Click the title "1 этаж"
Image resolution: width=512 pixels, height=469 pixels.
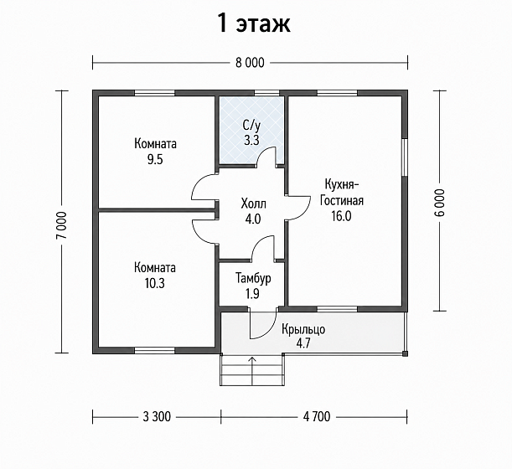pos(254,23)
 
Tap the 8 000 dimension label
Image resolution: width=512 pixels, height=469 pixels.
pos(250,63)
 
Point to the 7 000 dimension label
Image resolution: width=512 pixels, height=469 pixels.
pos(61,225)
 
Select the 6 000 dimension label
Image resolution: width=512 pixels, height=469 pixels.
pos(439,203)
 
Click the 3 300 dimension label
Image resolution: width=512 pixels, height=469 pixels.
pos(157,417)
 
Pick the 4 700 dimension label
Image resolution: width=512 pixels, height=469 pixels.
pos(317,417)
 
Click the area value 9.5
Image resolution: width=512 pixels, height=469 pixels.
pos(155,160)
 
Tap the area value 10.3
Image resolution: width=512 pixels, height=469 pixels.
pos(155,284)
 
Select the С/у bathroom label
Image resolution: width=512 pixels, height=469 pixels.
pos(251,125)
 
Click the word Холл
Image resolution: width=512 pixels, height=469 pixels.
pos(253,204)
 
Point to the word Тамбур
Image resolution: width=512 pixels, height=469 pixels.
pos(253,278)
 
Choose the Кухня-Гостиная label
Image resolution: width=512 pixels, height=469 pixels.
pos(342,193)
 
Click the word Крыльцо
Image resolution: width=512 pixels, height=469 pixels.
pos(303,329)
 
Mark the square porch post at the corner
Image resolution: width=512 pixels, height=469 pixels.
pos(405,353)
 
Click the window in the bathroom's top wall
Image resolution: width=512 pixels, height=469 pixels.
pos(264,93)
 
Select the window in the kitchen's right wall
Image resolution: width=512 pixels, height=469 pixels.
pos(405,157)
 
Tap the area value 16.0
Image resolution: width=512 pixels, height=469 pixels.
pos(342,216)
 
